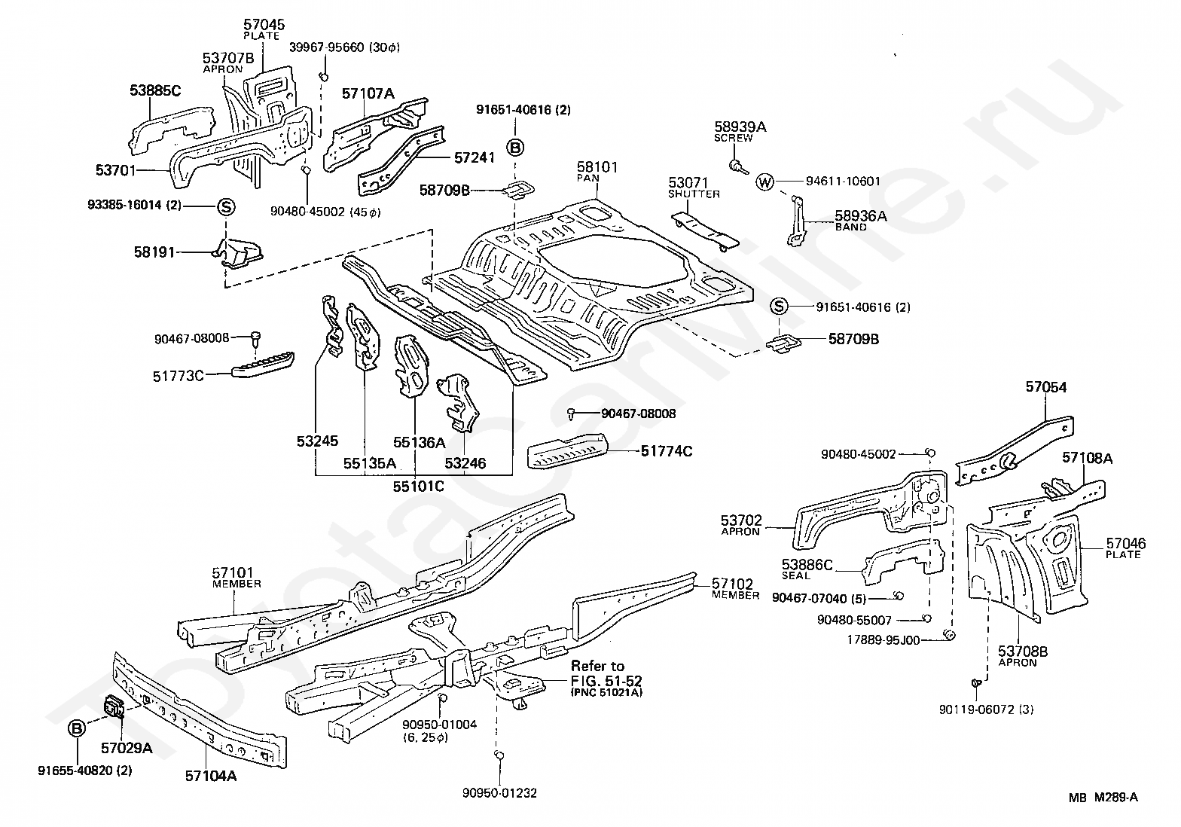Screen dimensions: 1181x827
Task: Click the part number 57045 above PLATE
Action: [x=264, y=24]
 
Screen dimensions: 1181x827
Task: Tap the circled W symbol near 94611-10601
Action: [x=764, y=182]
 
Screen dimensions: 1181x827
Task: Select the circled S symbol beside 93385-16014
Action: [x=226, y=207]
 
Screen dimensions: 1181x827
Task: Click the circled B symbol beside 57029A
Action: [x=77, y=729]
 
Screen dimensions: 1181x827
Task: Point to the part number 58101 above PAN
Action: [x=597, y=167]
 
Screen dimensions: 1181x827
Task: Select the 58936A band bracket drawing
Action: [x=796, y=221]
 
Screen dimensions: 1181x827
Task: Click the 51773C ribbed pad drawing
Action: [x=263, y=364]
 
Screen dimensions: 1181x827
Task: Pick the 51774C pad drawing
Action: [x=568, y=450]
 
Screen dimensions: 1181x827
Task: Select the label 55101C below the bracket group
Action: [x=418, y=486]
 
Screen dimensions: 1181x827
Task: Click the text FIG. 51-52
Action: [x=606, y=680]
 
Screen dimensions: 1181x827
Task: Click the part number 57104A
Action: [x=211, y=776]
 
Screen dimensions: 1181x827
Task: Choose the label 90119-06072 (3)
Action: [x=986, y=710]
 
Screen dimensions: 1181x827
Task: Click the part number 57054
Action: [x=1046, y=387]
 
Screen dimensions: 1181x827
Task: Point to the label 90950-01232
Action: [x=499, y=793]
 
